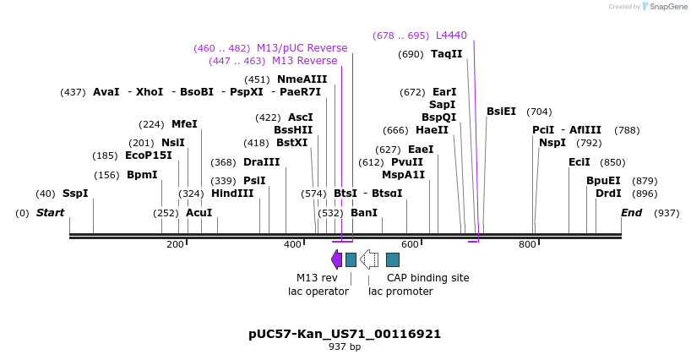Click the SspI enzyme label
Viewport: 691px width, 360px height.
75,194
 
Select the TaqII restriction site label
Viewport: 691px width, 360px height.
447,54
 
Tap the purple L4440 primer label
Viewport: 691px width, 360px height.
451,35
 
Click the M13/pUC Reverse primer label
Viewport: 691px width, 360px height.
302,48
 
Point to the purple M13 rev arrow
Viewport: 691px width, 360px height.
336,259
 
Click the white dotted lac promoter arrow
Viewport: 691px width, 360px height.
368,259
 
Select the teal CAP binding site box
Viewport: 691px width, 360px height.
393,259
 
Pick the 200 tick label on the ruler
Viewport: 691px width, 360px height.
175,244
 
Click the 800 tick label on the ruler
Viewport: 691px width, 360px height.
527,244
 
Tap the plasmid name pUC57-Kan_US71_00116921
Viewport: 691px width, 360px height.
345,334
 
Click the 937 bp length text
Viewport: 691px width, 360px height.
345,346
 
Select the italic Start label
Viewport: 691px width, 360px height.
50,212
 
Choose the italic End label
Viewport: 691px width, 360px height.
631,212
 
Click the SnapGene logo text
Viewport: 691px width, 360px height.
668,7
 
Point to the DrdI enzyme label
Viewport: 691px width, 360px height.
608,194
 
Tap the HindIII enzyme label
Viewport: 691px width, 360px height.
232,194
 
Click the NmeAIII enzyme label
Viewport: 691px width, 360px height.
302,79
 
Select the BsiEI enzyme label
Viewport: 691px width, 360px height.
501,112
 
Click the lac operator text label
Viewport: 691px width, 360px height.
318,292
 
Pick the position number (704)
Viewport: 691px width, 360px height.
539,112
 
